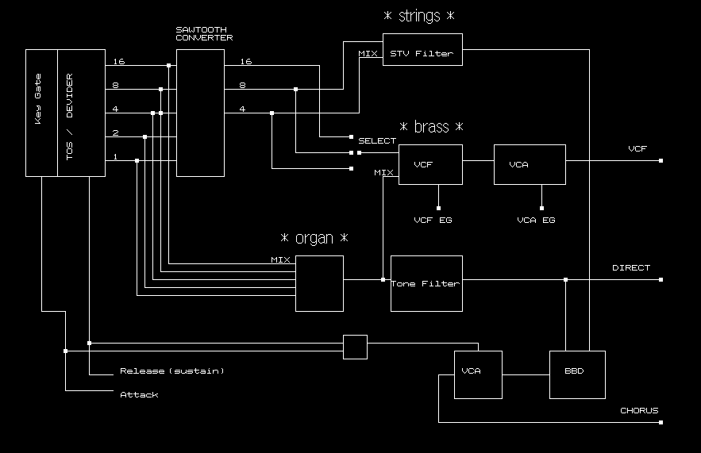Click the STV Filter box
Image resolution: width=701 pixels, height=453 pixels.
(422, 50)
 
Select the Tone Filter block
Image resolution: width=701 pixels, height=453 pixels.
(426, 283)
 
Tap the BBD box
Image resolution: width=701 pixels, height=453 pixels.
(577, 374)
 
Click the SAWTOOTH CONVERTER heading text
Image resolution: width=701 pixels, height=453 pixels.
(204, 33)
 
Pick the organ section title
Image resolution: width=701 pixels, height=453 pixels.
(314, 238)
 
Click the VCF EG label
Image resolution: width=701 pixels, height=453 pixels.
(433, 220)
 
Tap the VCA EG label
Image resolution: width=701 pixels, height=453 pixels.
(536, 220)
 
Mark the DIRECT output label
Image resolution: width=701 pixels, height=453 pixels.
(631, 268)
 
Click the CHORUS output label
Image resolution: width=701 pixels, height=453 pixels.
(639, 411)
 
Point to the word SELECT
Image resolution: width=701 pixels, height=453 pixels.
(377, 141)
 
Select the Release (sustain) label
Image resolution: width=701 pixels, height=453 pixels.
(172, 370)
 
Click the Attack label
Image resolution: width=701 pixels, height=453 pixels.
(139, 394)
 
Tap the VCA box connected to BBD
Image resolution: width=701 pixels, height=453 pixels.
(478, 374)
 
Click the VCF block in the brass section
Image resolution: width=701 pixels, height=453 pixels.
(429, 164)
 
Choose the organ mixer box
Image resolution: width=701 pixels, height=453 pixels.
(319, 283)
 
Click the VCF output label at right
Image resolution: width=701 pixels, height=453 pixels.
(637, 149)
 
